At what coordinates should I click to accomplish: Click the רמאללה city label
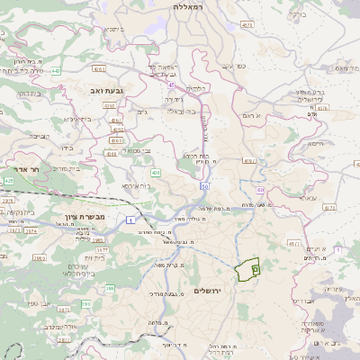point(191,6)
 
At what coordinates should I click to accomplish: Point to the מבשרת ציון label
point(85,218)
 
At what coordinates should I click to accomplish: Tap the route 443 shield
point(56,70)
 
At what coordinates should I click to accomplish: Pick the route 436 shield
point(156,172)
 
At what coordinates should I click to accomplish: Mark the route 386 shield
point(111,288)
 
